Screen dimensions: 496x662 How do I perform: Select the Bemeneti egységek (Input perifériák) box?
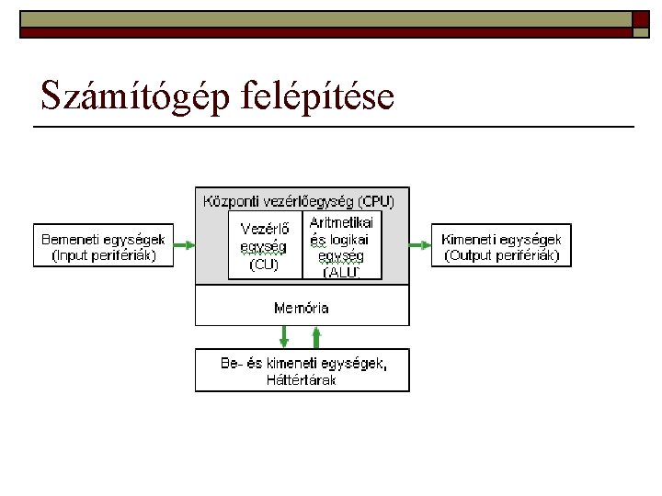pyautogui.click(x=103, y=245)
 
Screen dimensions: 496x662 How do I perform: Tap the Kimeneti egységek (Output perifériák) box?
pyautogui.click(x=501, y=245)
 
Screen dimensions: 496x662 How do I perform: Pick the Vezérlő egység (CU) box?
pyautogui.click(x=265, y=245)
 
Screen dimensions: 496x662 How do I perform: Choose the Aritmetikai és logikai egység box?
pyautogui.click(x=341, y=245)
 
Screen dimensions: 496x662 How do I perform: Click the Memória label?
pyautogui.click(x=302, y=308)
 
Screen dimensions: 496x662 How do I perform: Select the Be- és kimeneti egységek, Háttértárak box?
pyautogui.click(x=302, y=369)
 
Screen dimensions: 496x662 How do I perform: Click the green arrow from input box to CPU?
pyautogui.click(x=184, y=245)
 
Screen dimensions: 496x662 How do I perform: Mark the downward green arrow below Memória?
pyautogui.click(x=284, y=336)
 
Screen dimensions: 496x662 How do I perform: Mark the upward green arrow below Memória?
pyautogui.click(x=317, y=336)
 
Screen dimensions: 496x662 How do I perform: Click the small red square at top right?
pyautogui.click(x=640, y=19)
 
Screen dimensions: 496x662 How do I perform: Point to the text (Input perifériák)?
pyautogui.click(x=103, y=255)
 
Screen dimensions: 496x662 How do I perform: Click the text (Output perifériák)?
pyautogui.click(x=501, y=255)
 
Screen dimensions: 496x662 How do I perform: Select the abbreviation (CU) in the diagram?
pyautogui.click(x=264, y=265)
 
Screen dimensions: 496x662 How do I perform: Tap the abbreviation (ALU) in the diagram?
pyautogui.click(x=340, y=272)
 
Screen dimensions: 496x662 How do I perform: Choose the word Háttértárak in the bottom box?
pyautogui.click(x=302, y=379)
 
